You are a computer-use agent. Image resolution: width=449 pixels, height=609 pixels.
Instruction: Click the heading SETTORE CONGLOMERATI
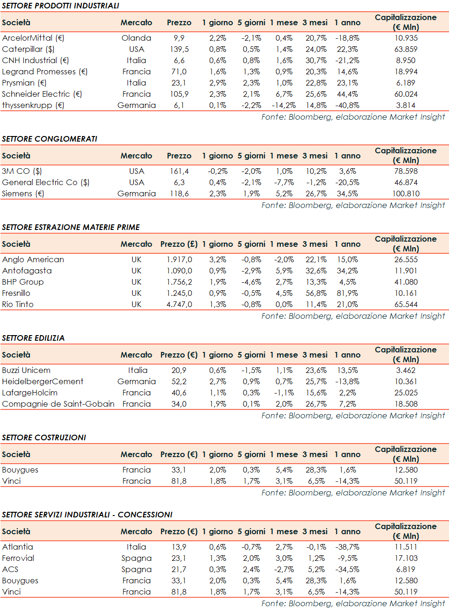coord(50,139)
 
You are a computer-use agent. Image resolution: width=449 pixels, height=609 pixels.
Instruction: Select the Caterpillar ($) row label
coord(28,49)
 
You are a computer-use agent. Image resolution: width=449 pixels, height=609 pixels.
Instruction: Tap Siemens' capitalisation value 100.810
coord(406,193)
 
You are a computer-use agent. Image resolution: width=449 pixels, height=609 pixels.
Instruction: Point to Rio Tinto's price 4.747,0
coord(179,304)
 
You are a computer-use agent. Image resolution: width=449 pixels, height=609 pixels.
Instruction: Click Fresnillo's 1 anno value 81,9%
coord(347,293)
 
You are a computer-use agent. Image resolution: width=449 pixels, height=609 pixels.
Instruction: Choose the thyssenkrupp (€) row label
coord(33,105)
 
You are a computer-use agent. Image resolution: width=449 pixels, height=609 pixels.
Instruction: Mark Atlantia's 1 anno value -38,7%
coord(347,547)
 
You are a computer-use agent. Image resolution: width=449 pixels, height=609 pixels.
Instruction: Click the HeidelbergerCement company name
coord(43,381)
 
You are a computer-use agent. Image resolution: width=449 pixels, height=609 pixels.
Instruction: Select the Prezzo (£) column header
coord(179,244)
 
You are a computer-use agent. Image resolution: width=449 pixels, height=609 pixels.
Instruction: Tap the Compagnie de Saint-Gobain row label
coord(58,404)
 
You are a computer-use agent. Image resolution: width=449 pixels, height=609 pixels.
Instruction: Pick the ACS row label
coord(10,569)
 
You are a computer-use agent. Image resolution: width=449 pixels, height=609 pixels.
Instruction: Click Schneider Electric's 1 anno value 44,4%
coord(347,94)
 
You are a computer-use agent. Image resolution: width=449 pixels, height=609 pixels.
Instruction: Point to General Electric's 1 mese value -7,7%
coord(284,182)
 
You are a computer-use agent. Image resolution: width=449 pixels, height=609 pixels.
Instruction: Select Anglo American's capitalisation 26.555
coord(406,259)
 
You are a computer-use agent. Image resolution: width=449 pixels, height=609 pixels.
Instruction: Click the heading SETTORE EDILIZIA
coord(33,338)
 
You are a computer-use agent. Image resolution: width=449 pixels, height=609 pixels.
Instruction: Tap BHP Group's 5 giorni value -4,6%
coord(251,282)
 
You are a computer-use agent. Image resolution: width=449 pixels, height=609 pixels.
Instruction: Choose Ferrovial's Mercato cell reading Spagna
coord(136,558)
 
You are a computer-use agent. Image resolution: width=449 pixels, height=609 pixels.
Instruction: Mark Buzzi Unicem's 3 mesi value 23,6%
coord(316,370)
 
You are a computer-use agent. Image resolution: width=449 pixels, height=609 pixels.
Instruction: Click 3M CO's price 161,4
coord(179,171)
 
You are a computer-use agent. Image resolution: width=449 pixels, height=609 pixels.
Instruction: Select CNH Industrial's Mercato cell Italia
coord(136,60)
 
